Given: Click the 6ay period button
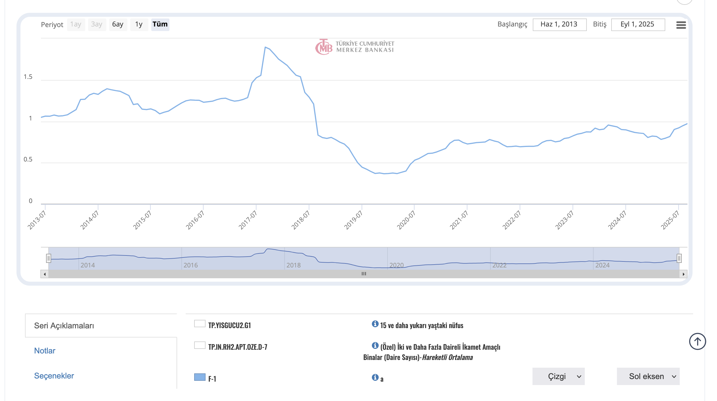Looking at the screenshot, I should tap(118, 24).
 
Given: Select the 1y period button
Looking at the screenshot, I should tap(139, 24).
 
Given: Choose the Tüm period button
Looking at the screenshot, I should tap(160, 24).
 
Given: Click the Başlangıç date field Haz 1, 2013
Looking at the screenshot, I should tap(559, 24).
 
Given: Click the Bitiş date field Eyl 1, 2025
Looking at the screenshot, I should tap(637, 24).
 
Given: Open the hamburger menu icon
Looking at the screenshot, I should tap(681, 25).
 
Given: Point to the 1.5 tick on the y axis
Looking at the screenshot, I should tap(28, 77).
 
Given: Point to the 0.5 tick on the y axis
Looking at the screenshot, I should tap(28, 159).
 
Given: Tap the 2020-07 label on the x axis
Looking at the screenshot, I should tap(406, 220).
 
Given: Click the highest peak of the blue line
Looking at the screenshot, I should tap(265, 47).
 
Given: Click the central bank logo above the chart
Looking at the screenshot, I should tap(355, 47).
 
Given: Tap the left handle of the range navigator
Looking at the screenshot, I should tap(49, 258).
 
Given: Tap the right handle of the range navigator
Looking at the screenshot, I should tap(679, 258).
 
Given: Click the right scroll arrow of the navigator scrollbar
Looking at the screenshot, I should tap(683, 274).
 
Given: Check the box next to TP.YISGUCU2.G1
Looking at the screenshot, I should tap(200, 324).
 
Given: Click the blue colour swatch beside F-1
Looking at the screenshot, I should tap(200, 377).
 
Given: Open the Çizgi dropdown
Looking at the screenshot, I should tap(558, 377).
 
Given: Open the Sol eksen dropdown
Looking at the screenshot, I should tap(648, 377).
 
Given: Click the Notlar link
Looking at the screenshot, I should tap(45, 351).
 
